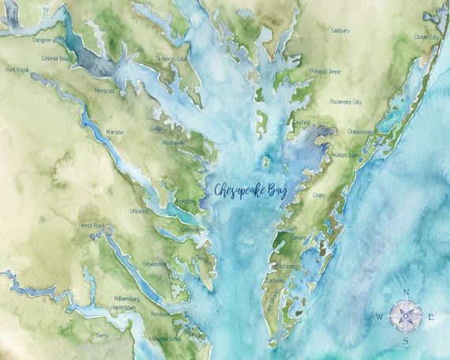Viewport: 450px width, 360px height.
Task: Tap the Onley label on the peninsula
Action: (320, 194)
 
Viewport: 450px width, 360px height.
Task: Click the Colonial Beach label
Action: (58, 58)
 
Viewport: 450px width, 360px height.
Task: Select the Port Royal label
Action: (17, 70)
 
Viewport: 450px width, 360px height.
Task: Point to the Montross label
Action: (104, 91)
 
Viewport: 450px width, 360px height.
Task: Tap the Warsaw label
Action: (114, 132)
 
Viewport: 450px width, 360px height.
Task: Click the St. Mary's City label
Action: (171, 58)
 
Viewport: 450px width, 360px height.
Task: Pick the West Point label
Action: (93, 225)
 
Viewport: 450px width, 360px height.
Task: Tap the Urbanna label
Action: (139, 211)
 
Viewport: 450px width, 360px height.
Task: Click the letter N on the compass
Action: (406, 292)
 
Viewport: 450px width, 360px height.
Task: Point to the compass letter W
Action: (380, 317)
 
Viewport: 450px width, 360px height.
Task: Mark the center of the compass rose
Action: (406, 317)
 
